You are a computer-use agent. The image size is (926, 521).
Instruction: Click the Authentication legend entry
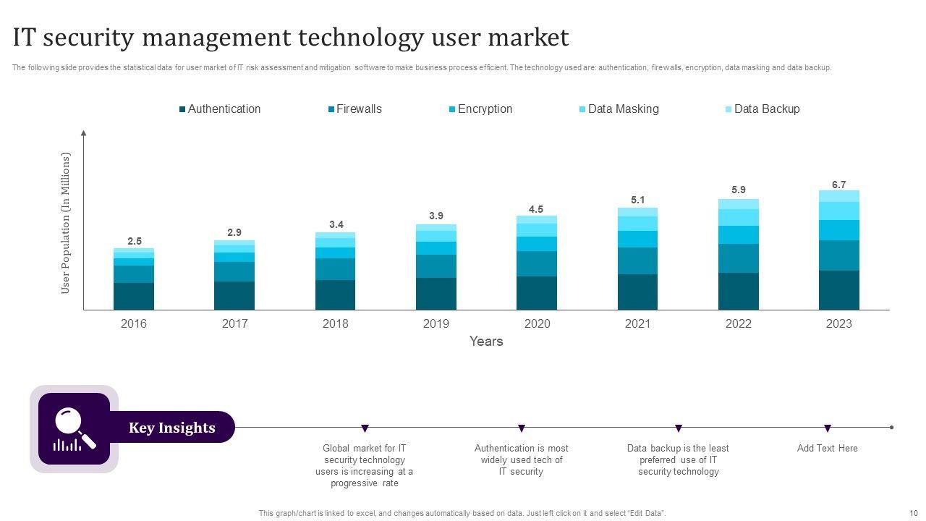click(224, 109)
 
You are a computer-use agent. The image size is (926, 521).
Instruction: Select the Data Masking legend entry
click(623, 109)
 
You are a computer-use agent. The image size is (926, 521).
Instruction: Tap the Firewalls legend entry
click(358, 109)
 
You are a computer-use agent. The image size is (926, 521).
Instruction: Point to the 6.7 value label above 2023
click(838, 185)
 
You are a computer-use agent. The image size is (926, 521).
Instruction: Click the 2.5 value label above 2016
click(134, 241)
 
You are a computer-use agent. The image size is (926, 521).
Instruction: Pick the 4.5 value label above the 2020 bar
click(536, 209)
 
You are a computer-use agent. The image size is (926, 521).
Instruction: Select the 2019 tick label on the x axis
click(436, 324)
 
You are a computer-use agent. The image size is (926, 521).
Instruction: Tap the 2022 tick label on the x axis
click(738, 324)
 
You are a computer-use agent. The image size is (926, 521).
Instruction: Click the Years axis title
click(486, 341)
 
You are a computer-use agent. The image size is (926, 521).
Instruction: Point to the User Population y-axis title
click(66, 223)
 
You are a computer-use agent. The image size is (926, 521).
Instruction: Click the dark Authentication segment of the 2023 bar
click(838, 290)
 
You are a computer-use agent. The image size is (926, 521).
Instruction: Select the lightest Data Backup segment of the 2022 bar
click(738, 204)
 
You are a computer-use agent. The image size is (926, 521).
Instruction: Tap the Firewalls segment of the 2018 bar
click(335, 269)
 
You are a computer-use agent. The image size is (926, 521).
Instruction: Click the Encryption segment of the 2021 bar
click(637, 239)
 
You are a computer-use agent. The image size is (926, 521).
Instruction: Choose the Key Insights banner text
click(172, 428)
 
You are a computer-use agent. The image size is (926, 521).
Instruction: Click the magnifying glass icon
click(74, 429)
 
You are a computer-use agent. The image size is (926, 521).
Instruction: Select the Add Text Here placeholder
click(827, 449)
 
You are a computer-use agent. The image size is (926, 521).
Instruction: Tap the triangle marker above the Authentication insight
click(522, 428)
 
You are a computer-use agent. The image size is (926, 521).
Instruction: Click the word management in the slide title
click(239, 37)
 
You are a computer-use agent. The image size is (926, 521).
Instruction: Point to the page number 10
click(913, 513)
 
